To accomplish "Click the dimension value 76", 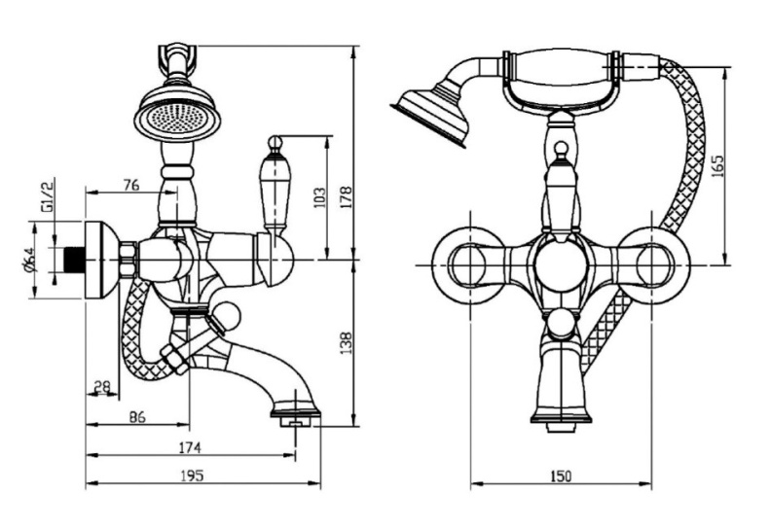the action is tap(131, 185).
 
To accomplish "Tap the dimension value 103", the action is tap(318, 196).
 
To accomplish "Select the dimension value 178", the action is tap(347, 196).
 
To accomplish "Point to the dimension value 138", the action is tap(347, 343).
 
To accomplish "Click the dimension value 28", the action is tap(101, 387).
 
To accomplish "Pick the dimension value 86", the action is tap(137, 417).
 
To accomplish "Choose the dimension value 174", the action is tap(189, 447).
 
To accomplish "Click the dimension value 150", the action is tap(561, 475).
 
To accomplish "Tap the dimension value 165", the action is tap(717, 166).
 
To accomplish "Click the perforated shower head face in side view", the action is tap(177, 118).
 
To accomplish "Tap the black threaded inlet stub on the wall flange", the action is tap(75, 260).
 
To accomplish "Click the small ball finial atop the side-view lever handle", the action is tap(275, 144).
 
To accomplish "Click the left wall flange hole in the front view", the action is tap(469, 264).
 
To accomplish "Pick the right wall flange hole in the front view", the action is tap(652, 264).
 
